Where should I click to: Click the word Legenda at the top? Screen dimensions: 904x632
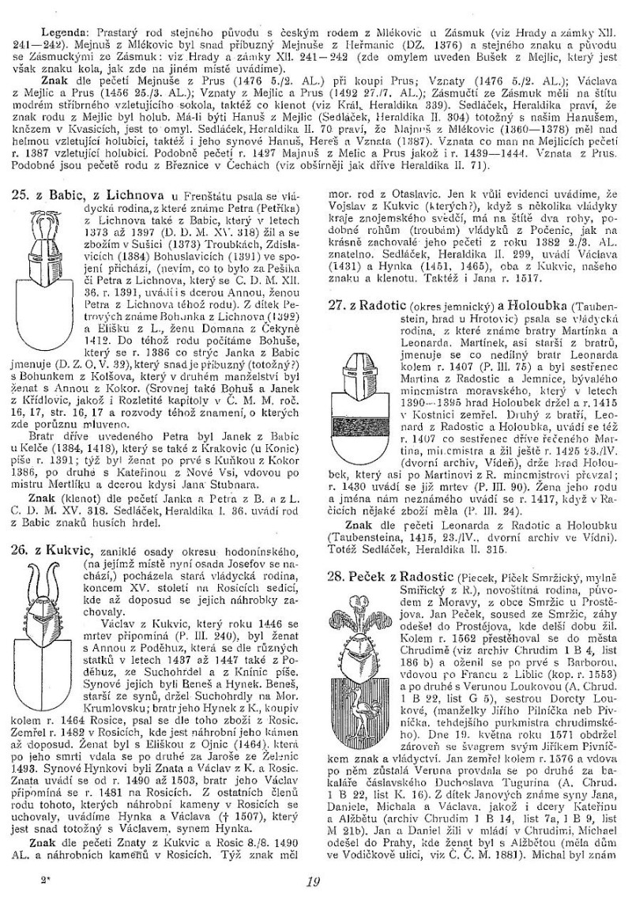(51, 15)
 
